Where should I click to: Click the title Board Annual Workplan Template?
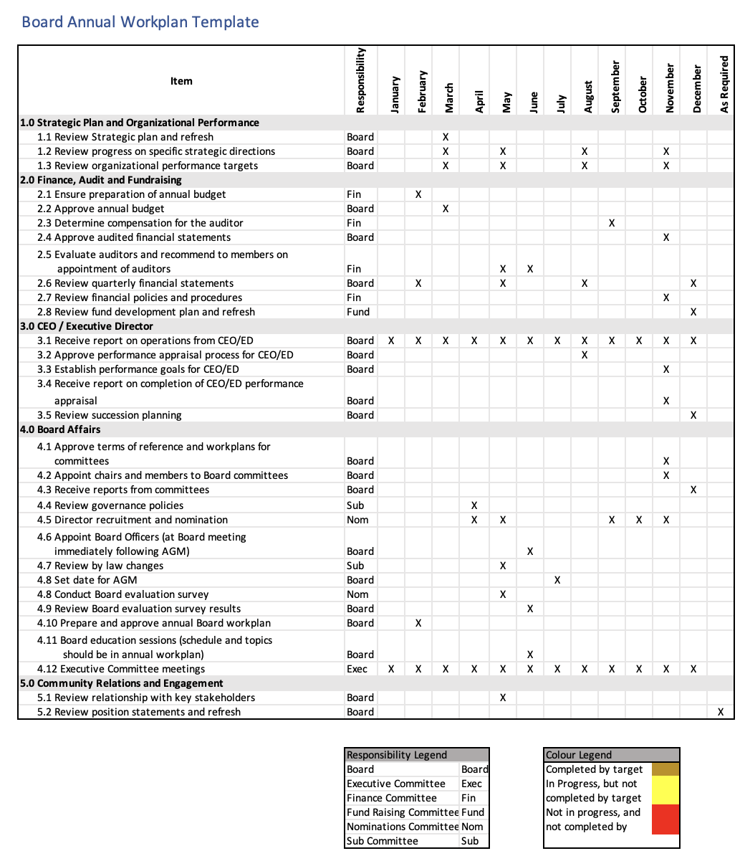tap(140, 22)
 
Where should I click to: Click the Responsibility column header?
tap(360, 80)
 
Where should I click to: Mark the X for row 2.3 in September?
tap(612, 223)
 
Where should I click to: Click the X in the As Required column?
tap(721, 712)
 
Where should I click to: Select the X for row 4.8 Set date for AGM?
tap(557, 580)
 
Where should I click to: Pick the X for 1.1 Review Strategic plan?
tap(446, 137)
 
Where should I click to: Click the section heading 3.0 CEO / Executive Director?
tap(86, 326)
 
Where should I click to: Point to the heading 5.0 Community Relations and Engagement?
tap(121, 683)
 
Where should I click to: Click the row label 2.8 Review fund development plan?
tap(146, 312)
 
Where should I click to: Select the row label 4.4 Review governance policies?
tap(110, 505)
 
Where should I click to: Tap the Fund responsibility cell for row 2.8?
tap(358, 312)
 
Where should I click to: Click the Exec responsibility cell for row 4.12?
tap(357, 669)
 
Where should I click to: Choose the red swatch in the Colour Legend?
tap(665, 819)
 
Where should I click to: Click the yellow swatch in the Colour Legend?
tap(665, 791)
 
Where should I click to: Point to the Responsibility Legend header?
tap(397, 755)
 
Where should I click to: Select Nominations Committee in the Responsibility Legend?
tap(402, 827)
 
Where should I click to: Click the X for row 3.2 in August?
tap(585, 355)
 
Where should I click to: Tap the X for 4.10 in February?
tap(418, 623)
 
